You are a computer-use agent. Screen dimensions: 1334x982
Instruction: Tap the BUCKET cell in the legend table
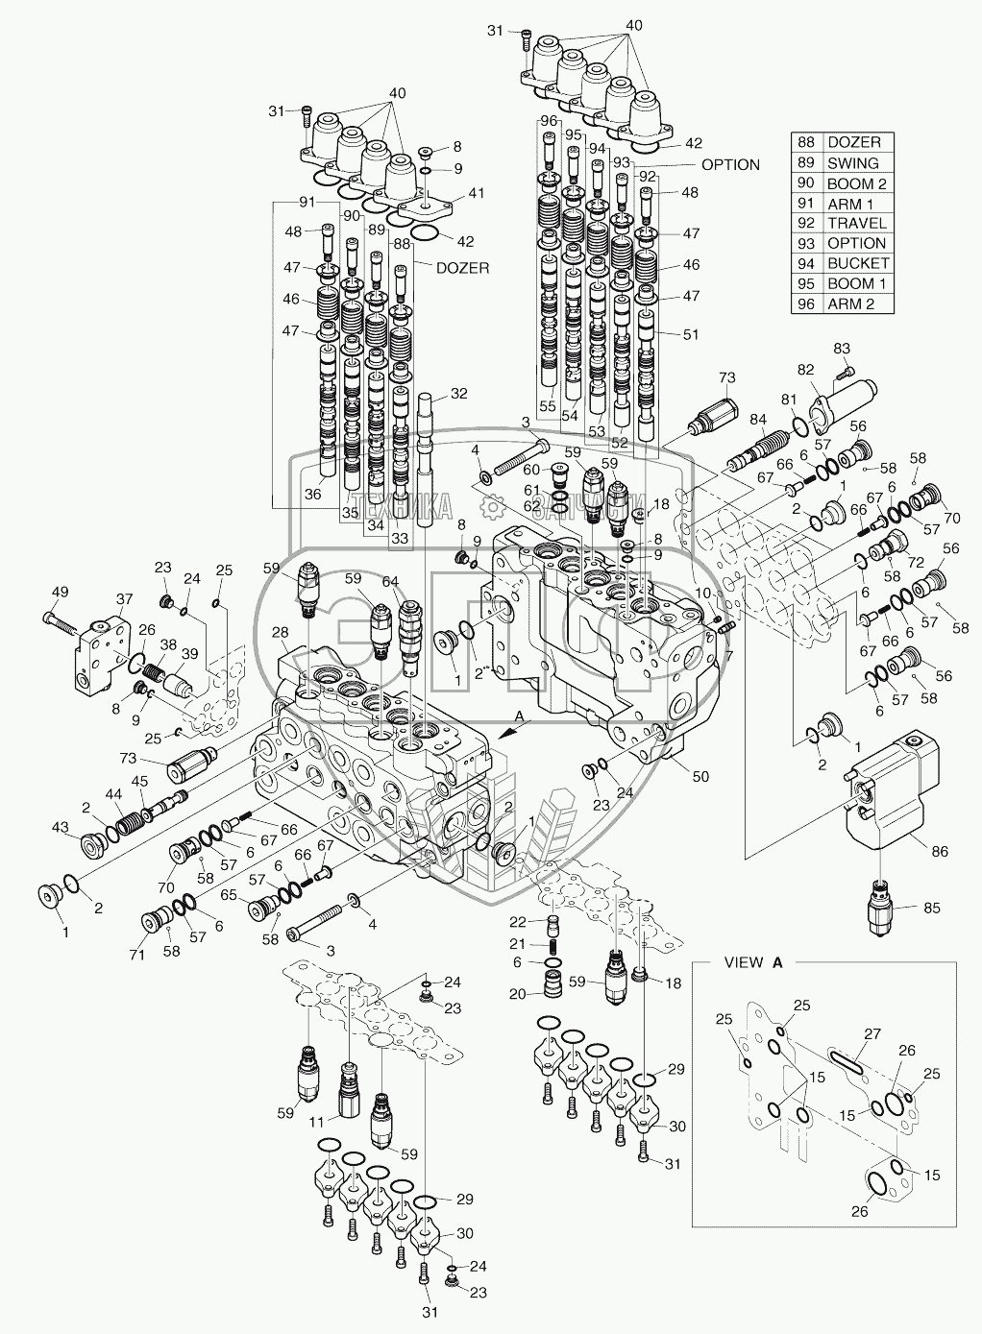[857, 263]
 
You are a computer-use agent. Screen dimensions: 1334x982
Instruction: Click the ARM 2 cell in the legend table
[850, 303]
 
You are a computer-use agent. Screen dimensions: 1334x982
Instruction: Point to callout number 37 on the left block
[123, 599]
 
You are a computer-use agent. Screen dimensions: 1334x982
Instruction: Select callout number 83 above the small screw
[842, 347]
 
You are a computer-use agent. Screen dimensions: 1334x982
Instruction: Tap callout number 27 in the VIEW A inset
[872, 1033]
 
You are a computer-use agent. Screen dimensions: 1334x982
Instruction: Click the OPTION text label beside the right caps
[730, 164]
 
